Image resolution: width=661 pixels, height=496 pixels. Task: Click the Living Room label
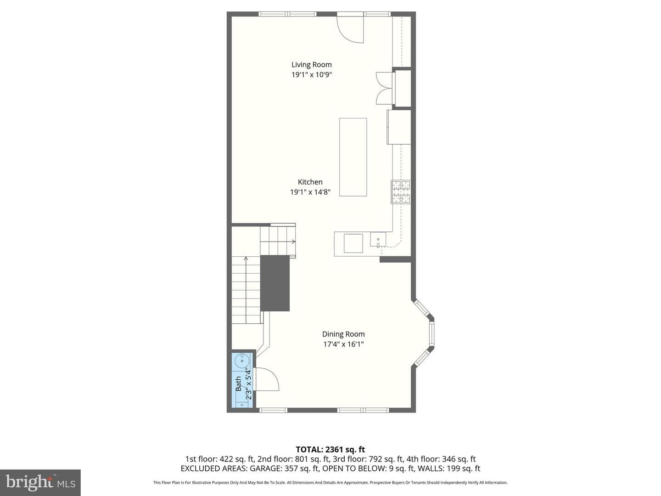pos(311,64)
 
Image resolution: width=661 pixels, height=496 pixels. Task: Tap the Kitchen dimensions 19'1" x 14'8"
pos(310,192)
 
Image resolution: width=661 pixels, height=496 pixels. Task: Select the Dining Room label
pos(343,334)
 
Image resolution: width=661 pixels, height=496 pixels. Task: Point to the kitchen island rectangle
pos(353,157)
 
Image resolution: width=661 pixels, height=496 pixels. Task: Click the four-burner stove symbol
pos(401,192)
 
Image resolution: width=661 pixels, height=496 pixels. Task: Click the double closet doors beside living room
pos(384,88)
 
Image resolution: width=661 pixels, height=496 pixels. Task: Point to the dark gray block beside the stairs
pos(274,283)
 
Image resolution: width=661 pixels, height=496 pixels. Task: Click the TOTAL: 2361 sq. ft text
pos(330,450)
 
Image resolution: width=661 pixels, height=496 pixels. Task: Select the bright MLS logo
pos(40,482)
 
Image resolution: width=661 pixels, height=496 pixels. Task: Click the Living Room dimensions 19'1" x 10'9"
pos(311,74)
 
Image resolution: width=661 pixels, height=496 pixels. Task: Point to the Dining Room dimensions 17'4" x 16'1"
pos(343,344)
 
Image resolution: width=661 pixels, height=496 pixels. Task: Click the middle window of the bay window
pos(432,333)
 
